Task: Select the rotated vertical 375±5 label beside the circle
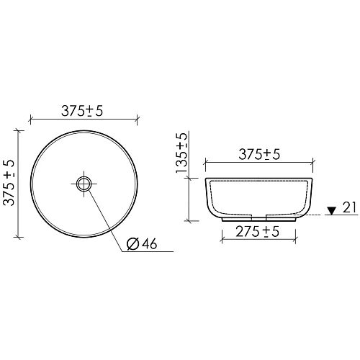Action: [x=9, y=183]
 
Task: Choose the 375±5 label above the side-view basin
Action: [x=260, y=155]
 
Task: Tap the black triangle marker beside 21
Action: [x=331, y=210]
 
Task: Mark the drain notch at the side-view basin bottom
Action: [x=260, y=215]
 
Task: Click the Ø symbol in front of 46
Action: [x=132, y=243]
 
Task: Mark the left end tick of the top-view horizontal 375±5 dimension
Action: [x=30, y=118]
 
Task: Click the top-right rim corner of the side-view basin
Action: [x=313, y=178]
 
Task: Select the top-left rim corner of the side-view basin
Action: [x=206, y=178]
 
